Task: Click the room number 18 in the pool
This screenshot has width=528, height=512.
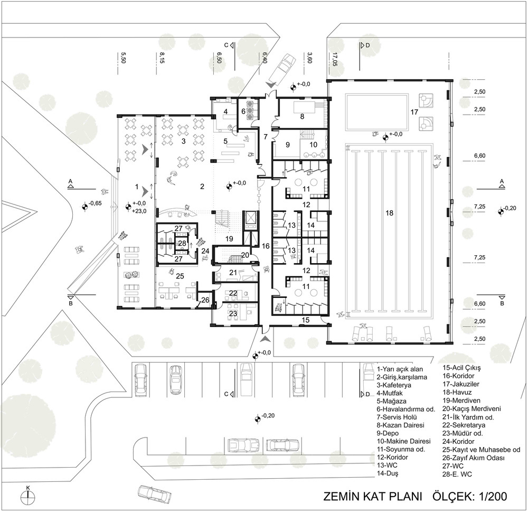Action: tap(389, 213)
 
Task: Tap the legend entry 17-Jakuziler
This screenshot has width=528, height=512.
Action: tap(460, 384)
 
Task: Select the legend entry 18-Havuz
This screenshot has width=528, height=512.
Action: tap(457, 393)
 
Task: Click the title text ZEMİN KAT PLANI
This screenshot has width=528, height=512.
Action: tap(373, 497)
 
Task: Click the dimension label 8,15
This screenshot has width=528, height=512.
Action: tap(162, 58)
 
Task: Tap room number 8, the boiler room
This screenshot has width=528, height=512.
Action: tap(302, 116)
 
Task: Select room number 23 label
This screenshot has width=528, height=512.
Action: tap(233, 313)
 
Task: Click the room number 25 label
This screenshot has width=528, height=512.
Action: tap(180, 276)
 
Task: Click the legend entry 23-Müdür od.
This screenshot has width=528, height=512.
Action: tap(463, 433)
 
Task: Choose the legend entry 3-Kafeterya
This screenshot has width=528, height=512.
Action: tap(394, 385)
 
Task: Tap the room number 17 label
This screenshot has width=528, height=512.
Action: tap(414, 111)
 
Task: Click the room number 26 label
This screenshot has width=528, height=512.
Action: tap(205, 300)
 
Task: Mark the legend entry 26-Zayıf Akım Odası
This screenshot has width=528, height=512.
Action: tap(474, 458)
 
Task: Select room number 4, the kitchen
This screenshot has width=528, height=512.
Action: tap(225, 111)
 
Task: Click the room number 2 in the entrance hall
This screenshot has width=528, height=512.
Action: tap(202, 186)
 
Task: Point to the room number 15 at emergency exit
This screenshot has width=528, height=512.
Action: tap(305, 320)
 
